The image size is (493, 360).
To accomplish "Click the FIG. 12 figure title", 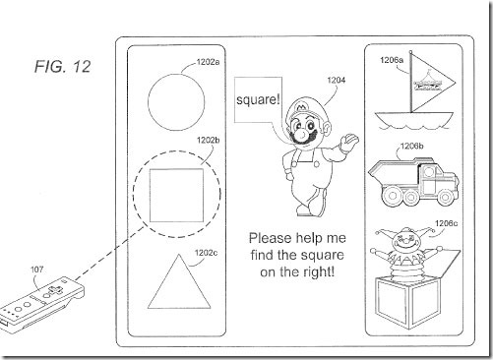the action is pyautogui.click(x=62, y=67).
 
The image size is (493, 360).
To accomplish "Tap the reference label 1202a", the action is pyautogui.click(x=208, y=62).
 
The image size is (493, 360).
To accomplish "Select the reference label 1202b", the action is pyautogui.click(x=208, y=141).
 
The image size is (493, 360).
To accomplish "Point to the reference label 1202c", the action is pyautogui.click(x=206, y=253).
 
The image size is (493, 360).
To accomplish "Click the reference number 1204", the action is pyautogui.click(x=337, y=80).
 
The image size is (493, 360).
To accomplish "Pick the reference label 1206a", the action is pyautogui.click(x=392, y=60).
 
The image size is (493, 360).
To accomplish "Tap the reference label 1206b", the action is pyautogui.click(x=412, y=146).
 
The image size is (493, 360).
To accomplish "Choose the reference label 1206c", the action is pyautogui.click(x=446, y=223).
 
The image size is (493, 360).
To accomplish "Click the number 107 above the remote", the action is pyautogui.click(x=36, y=270).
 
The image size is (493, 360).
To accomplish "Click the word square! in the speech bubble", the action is pyautogui.click(x=258, y=99).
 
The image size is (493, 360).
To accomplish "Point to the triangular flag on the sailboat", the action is pyautogui.click(x=432, y=82).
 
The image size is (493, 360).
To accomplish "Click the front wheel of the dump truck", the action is pyautogui.click(x=445, y=197).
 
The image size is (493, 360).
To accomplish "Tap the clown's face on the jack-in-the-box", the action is pyautogui.click(x=404, y=241).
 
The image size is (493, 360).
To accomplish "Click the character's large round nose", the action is pyautogui.click(x=302, y=134).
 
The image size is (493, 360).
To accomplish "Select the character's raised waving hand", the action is pyautogui.click(x=349, y=143).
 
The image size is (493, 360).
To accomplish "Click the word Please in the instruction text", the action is pyautogui.click(x=270, y=238).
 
